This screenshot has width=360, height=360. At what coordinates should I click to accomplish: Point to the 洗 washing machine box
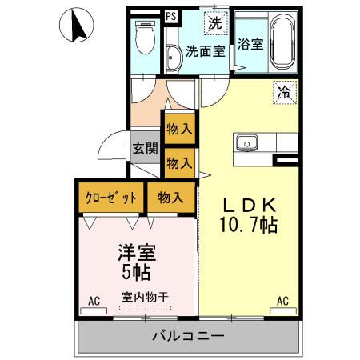(x=214, y=22)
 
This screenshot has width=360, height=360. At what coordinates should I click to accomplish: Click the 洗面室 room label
(x=206, y=52)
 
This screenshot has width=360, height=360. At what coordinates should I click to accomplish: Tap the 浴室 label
(x=250, y=44)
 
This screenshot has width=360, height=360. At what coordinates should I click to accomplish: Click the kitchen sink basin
(x=246, y=144)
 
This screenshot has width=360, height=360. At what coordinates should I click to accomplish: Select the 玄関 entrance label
(x=144, y=148)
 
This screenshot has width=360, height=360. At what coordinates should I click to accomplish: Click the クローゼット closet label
(x=111, y=197)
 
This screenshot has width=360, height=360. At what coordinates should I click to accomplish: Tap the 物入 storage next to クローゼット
(x=170, y=197)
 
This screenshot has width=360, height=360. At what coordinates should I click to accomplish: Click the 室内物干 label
(x=145, y=297)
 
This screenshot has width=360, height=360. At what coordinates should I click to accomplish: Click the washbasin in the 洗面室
(x=174, y=57)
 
